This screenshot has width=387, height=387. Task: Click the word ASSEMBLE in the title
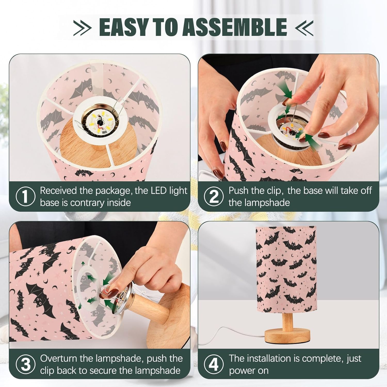tap(235, 27)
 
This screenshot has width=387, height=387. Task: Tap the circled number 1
tap(25, 197)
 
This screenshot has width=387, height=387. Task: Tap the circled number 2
tap(214, 197)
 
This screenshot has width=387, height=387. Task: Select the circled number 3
tap(25, 365)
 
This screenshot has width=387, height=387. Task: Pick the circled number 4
tap(214, 365)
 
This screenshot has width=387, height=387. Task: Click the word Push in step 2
tap(238, 191)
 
